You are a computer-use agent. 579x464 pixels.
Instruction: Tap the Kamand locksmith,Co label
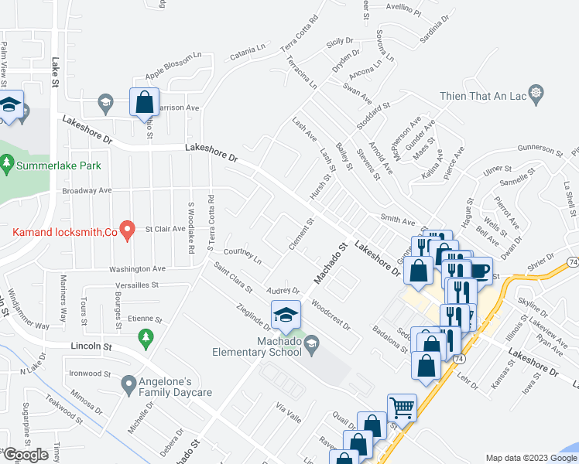click(63, 230)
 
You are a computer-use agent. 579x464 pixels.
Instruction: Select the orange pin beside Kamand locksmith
click(131, 230)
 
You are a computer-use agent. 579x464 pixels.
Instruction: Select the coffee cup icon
click(479, 270)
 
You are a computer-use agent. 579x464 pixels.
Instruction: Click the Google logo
click(26, 455)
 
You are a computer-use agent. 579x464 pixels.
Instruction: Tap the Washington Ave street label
click(138, 268)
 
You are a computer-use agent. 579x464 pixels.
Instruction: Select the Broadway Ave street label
click(87, 189)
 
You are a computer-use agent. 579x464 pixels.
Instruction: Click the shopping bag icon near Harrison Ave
click(144, 101)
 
